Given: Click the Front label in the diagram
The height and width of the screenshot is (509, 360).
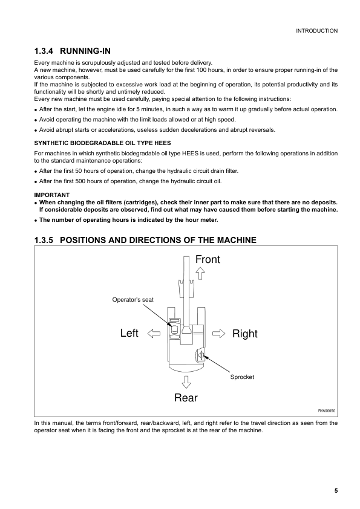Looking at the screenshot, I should [x=208, y=259].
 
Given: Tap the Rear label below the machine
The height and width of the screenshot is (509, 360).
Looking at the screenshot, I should [x=186, y=398].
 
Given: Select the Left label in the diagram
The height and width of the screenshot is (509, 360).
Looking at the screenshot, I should [x=129, y=333].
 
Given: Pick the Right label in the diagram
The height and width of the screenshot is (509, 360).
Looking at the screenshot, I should [x=244, y=334].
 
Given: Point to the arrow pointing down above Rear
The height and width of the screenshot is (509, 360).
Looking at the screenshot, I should [x=186, y=381].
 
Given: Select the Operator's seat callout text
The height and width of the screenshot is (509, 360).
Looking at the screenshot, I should [x=137, y=300].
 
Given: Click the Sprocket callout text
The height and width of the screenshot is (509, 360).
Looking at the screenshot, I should [x=242, y=377].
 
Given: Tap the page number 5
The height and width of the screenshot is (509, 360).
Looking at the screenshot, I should [x=335, y=491].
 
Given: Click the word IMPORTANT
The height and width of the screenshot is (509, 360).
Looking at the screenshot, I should [x=52, y=194].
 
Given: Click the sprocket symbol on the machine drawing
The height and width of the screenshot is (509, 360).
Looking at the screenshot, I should [x=200, y=355].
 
